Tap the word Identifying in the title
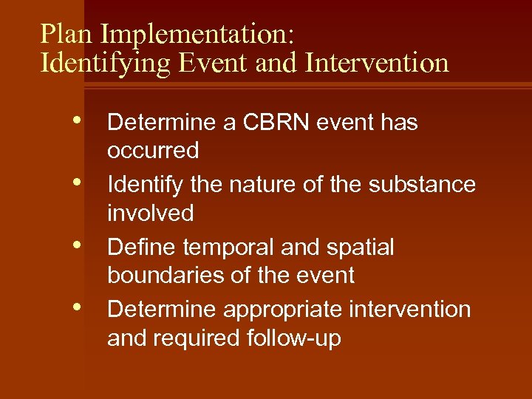pos(108,64)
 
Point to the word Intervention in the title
pos(378,64)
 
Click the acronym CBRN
pos(273,123)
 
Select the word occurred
pos(153,151)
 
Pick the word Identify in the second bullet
pos(144,185)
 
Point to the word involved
pos(150,214)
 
